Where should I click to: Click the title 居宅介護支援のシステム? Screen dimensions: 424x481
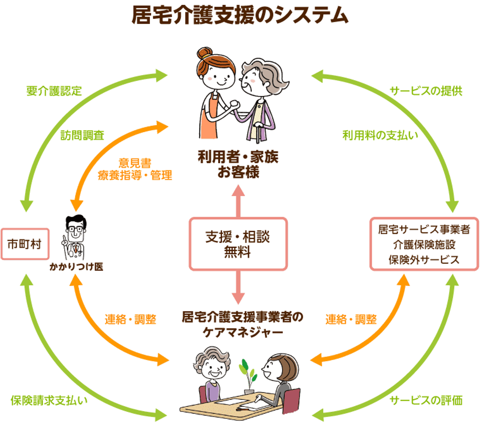point(240,15)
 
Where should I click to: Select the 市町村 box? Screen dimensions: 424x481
point(25,244)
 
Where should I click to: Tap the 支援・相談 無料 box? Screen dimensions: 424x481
point(238,244)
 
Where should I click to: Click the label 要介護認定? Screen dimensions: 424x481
point(54,91)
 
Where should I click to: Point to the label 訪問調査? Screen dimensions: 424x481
point(82,135)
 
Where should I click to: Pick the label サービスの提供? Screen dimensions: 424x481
point(426,91)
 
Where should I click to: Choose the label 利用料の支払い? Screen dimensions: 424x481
point(380,135)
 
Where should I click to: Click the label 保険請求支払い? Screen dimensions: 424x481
point(49,400)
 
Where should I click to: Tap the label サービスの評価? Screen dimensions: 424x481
point(426,400)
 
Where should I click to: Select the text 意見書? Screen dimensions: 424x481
point(135,163)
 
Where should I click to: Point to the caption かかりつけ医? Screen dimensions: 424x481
point(76,267)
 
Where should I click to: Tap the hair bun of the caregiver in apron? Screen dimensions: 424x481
point(204,53)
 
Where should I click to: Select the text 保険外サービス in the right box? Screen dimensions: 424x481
point(424,260)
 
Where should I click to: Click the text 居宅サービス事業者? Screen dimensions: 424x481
point(424,230)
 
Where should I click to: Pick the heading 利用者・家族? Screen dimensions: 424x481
point(238,157)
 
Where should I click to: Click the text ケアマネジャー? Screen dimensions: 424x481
point(243,332)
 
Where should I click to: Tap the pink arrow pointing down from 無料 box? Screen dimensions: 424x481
point(238,288)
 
